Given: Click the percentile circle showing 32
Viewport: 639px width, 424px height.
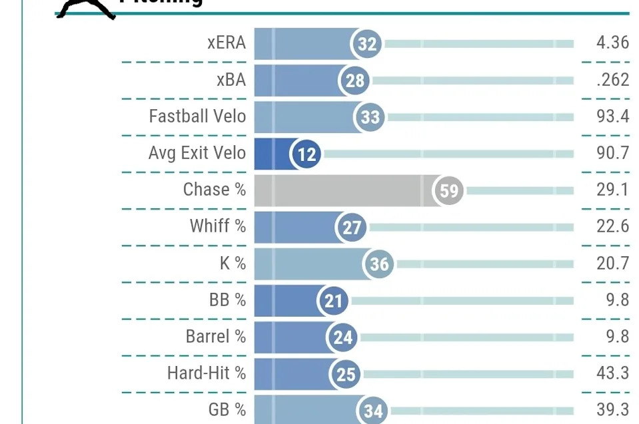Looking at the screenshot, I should [367, 44].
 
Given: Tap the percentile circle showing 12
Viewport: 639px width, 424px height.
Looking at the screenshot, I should [307, 154].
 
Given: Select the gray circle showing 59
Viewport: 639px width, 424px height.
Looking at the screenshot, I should [449, 191].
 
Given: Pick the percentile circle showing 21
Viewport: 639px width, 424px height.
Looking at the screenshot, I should [333, 301].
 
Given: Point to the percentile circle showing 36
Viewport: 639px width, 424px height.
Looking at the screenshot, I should [379, 264].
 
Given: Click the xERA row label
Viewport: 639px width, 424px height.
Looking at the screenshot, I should [227, 43].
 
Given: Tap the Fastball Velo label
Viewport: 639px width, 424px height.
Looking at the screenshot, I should [197, 116].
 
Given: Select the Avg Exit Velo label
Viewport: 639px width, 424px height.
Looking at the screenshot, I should [197, 153].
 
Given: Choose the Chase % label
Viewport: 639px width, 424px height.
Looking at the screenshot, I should [215, 190].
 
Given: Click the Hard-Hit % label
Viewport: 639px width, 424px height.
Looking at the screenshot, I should [207, 373].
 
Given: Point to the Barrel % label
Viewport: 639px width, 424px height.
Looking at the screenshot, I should [216, 337].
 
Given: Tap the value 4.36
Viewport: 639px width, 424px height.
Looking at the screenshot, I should [612, 43].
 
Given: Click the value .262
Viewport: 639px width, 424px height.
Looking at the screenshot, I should [612, 80].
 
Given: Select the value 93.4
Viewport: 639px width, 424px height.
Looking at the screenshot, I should [612, 116].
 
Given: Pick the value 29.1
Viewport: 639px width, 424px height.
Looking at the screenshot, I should [612, 190].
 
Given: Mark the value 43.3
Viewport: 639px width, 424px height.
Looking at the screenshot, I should [612, 373].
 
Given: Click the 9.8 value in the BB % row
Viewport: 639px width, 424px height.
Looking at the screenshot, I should [618, 300].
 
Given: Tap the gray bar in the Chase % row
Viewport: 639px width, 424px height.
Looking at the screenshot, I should [340, 191].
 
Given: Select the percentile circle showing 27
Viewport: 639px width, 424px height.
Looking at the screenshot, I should [352, 228].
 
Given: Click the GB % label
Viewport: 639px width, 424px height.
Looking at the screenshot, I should [227, 409].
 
